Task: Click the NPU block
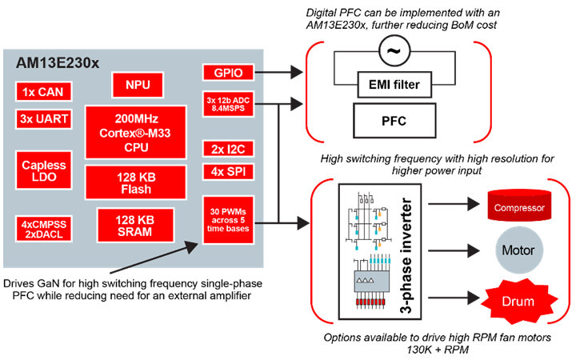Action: point(138,84)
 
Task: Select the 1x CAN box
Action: point(41,91)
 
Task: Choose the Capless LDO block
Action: point(41,169)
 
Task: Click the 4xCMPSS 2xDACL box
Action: point(41,226)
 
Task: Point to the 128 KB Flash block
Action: point(138,182)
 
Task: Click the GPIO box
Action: point(228,73)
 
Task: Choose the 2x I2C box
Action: point(228,150)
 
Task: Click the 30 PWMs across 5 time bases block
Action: point(228,218)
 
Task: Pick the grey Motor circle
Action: point(518,250)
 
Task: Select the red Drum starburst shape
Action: point(518,302)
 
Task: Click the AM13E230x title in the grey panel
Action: point(56,62)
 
